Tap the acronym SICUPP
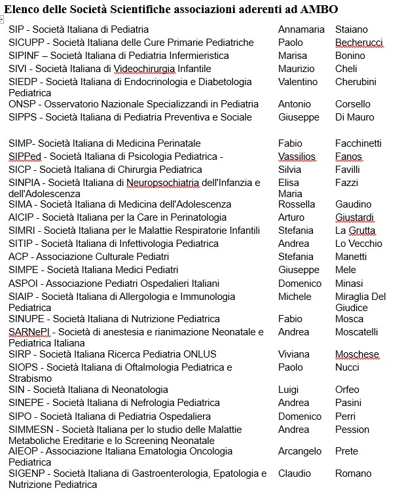coord(26,43)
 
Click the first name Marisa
coord(293,56)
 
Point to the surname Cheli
coord(346,69)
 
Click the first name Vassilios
coord(297,157)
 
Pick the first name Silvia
coord(290,170)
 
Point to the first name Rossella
coord(297,204)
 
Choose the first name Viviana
coord(294,354)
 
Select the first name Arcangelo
coord(300,451)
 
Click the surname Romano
coord(354,473)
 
